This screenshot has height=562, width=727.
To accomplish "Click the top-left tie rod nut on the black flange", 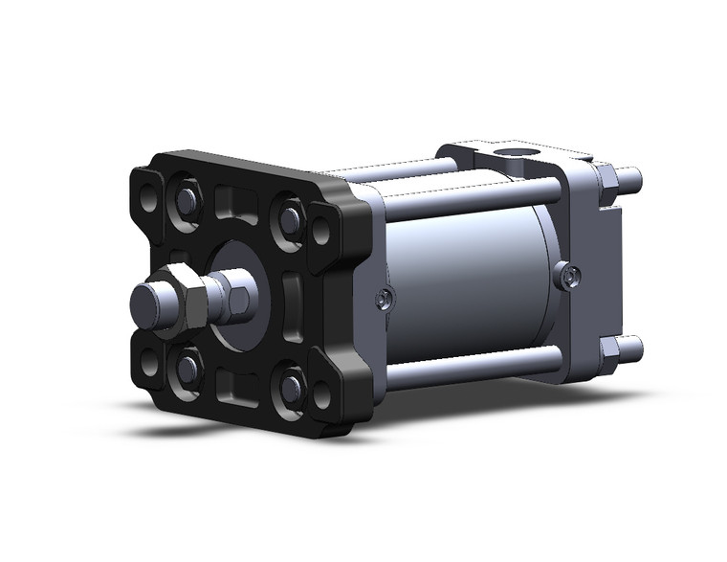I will coord(185,200).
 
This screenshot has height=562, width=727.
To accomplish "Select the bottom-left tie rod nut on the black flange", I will coord(187,367).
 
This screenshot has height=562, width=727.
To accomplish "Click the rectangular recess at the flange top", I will coord(237,204).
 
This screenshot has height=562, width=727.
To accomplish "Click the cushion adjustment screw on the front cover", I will coord(383,300).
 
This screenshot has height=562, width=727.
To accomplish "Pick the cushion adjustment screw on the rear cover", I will coord(571,277).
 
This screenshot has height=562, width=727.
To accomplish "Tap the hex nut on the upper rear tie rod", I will coord(606,178).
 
